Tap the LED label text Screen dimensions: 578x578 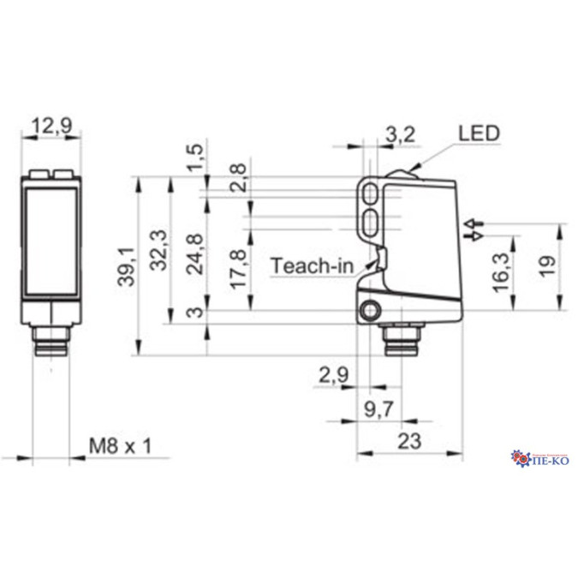click(x=478, y=133)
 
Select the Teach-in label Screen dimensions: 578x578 click(x=313, y=266)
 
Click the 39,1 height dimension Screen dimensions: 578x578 click(x=127, y=265)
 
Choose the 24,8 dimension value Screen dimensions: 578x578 click(x=197, y=253)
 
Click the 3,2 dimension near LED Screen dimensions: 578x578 click(x=401, y=133)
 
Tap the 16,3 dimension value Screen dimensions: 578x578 click(x=504, y=271)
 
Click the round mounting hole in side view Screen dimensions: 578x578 click(x=371, y=310)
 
